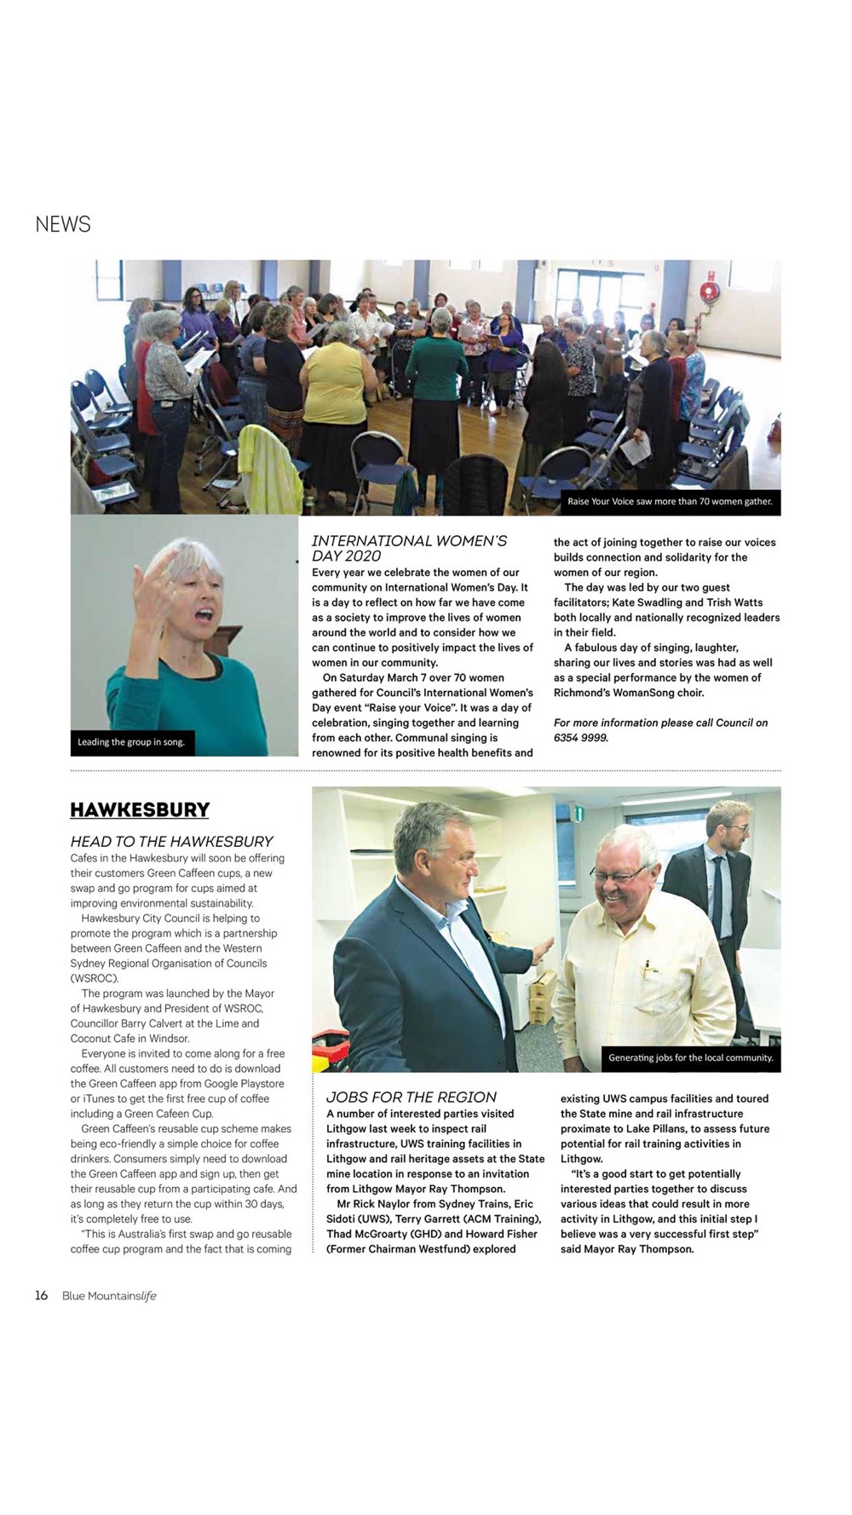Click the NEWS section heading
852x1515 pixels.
pyautogui.click(x=62, y=224)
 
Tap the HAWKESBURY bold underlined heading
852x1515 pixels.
pyautogui.click(x=140, y=809)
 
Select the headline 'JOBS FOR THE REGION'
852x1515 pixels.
pyautogui.click(x=411, y=1097)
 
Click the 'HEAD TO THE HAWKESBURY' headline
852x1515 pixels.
pyautogui.click(x=171, y=841)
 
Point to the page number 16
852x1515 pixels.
pyautogui.click(x=41, y=1295)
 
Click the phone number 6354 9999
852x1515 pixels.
pyautogui.click(x=580, y=738)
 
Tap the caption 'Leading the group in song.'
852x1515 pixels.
pyautogui.click(x=131, y=742)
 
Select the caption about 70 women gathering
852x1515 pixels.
pyautogui.click(x=670, y=501)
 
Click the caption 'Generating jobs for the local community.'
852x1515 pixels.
pyautogui.click(x=690, y=1057)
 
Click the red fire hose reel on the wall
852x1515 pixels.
pyautogui.click(x=709, y=291)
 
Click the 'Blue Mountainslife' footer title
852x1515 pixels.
pyautogui.click(x=109, y=1296)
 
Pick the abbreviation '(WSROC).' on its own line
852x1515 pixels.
pyautogui.click(x=95, y=978)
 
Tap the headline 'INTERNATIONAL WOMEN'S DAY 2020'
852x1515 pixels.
pyautogui.click(x=409, y=548)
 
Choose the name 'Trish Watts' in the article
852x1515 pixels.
pyautogui.click(x=734, y=602)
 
